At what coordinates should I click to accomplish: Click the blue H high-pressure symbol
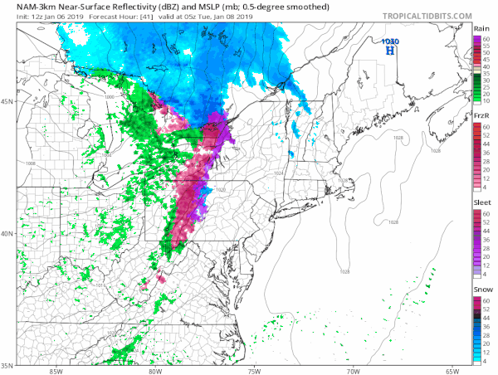[x=389, y=51]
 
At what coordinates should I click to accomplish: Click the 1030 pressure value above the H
[x=389, y=41]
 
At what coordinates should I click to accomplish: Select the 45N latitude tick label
[x=7, y=101]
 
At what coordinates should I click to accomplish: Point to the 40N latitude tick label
[x=7, y=233]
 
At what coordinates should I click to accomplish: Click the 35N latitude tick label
[x=7, y=364]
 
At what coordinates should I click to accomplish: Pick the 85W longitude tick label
[x=56, y=371]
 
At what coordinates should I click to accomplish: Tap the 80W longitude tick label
[x=156, y=371]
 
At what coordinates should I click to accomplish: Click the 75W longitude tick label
[x=254, y=371]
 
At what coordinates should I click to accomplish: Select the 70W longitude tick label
[x=352, y=371]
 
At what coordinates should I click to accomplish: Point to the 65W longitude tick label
[x=451, y=371]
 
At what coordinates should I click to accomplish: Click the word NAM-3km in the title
[x=27, y=6]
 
